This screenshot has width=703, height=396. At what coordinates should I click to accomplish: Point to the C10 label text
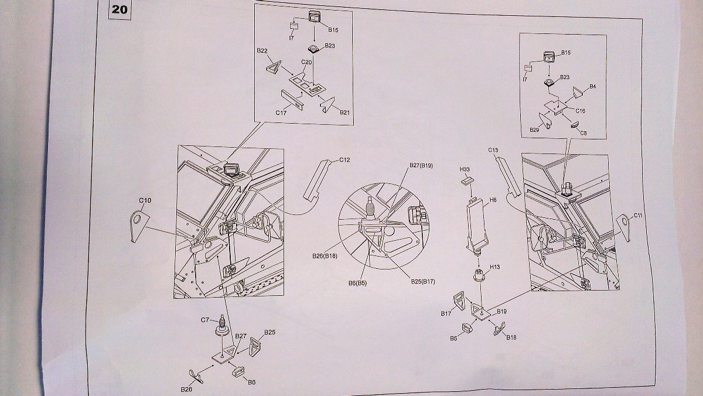(145, 200)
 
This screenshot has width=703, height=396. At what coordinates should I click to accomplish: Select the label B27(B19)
(420, 166)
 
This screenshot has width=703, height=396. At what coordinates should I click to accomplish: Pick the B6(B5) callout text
(358, 282)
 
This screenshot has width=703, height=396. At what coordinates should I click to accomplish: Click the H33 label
(465, 169)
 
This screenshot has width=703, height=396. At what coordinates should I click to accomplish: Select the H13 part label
(495, 267)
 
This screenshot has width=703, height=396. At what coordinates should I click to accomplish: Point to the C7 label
(206, 320)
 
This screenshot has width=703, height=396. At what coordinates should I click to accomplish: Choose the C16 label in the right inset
(580, 110)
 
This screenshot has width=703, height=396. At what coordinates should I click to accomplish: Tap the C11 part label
(638, 216)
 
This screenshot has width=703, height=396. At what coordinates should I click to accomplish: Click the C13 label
(493, 151)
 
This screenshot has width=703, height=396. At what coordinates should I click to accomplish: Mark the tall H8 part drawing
(477, 223)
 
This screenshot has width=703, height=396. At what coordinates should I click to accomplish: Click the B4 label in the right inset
(592, 86)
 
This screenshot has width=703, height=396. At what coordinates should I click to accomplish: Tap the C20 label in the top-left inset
(306, 62)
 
